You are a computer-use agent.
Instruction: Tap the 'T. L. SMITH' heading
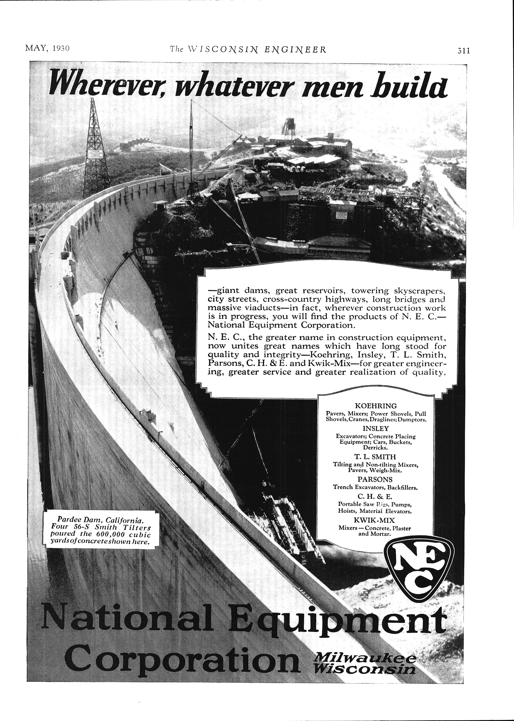point(376,457)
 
